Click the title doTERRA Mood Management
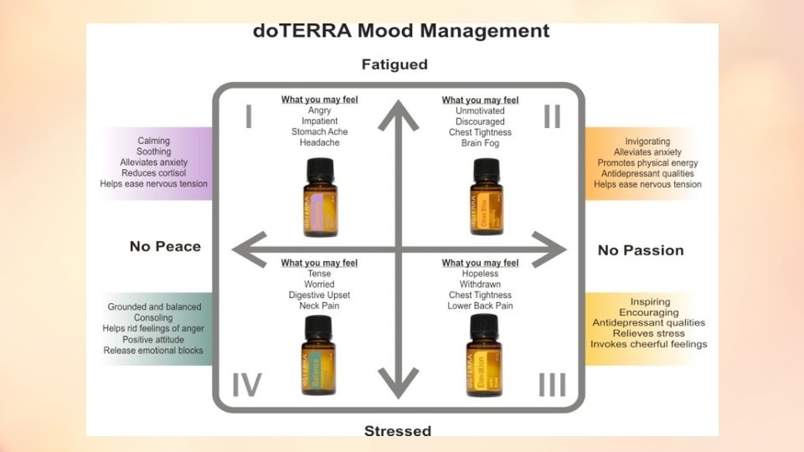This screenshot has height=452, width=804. point(401,32)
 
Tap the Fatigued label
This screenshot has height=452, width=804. point(394,64)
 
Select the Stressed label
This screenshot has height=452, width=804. point(398,431)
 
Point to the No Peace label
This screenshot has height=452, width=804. point(165,246)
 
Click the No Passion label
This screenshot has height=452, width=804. point(641,250)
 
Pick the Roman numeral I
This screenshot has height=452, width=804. point(249,117)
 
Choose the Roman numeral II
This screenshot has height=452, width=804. point(551,117)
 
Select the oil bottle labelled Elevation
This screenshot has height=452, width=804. point(479,356)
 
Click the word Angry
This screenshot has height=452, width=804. point(319,110)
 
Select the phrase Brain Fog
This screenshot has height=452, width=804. point(480,143)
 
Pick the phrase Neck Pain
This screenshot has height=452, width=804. point(319,306)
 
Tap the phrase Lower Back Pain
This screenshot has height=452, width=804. point(480,306)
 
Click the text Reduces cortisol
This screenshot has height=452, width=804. point(153,173)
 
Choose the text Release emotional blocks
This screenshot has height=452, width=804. point(153,351)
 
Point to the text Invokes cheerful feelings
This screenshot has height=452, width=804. point(649,344)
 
